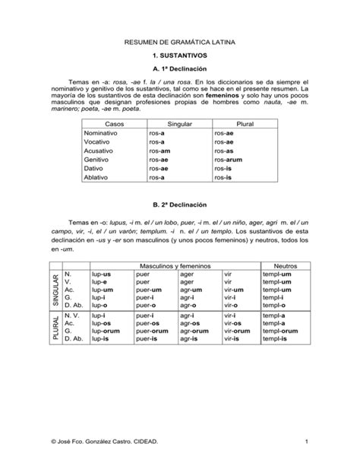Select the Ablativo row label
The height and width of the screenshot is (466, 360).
pyautogui.click(x=97, y=177)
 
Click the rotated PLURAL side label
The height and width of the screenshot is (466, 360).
pyautogui.click(x=55, y=329)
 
